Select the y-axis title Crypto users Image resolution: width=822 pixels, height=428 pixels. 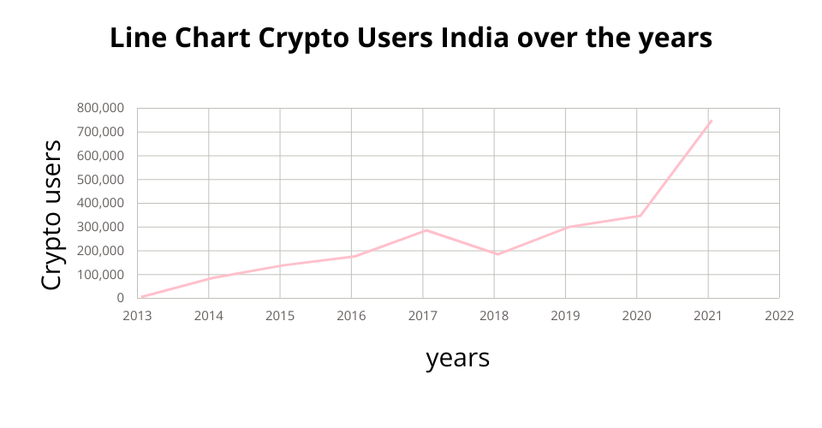[x=52, y=215]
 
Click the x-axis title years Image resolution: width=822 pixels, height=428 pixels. [x=457, y=358]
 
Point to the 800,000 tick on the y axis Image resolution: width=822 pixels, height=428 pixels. [x=101, y=108]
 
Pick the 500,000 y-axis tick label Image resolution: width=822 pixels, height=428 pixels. [x=101, y=180]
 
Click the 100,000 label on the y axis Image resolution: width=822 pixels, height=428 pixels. [x=101, y=275]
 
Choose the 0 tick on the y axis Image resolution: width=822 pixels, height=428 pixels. [x=121, y=299]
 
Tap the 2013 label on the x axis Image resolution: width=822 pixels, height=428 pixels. [x=138, y=315]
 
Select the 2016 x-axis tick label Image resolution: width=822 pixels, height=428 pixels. [x=352, y=315]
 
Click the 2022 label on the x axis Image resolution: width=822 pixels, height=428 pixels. [x=779, y=315]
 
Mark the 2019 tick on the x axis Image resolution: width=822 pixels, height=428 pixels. [x=565, y=315]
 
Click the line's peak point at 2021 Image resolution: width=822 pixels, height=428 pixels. [x=711, y=121]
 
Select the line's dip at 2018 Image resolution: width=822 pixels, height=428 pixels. [x=497, y=254]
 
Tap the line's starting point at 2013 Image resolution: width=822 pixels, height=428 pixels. [x=141, y=297]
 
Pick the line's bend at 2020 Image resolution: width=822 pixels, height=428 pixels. [x=639, y=216]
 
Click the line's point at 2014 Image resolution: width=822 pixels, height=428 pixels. [x=209, y=278]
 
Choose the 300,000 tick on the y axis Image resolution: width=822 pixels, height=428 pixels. [x=101, y=227]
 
